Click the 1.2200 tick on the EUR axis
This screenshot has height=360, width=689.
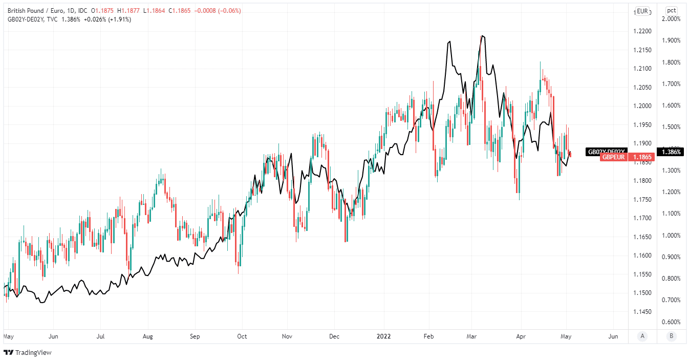[642, 31]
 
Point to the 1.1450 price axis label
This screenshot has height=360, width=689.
[642, 312]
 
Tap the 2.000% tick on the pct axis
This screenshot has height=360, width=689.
[671, 19]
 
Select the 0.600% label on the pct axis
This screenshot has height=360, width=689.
[671, 322]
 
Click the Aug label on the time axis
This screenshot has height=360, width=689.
[147, 336]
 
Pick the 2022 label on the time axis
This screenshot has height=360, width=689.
[384, 336]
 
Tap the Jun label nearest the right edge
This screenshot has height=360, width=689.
[613, 336]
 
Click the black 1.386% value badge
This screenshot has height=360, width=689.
[671, 152]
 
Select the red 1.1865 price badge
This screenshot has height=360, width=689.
[642, 157]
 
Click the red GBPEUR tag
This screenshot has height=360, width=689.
[613, 157]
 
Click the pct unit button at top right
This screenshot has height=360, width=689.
[671, 10]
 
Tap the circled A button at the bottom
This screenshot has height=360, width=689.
[642, 336]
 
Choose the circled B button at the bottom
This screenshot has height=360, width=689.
[671, 336]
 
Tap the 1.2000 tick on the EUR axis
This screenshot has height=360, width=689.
[642, 106]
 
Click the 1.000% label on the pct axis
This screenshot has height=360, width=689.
[671, 236]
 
